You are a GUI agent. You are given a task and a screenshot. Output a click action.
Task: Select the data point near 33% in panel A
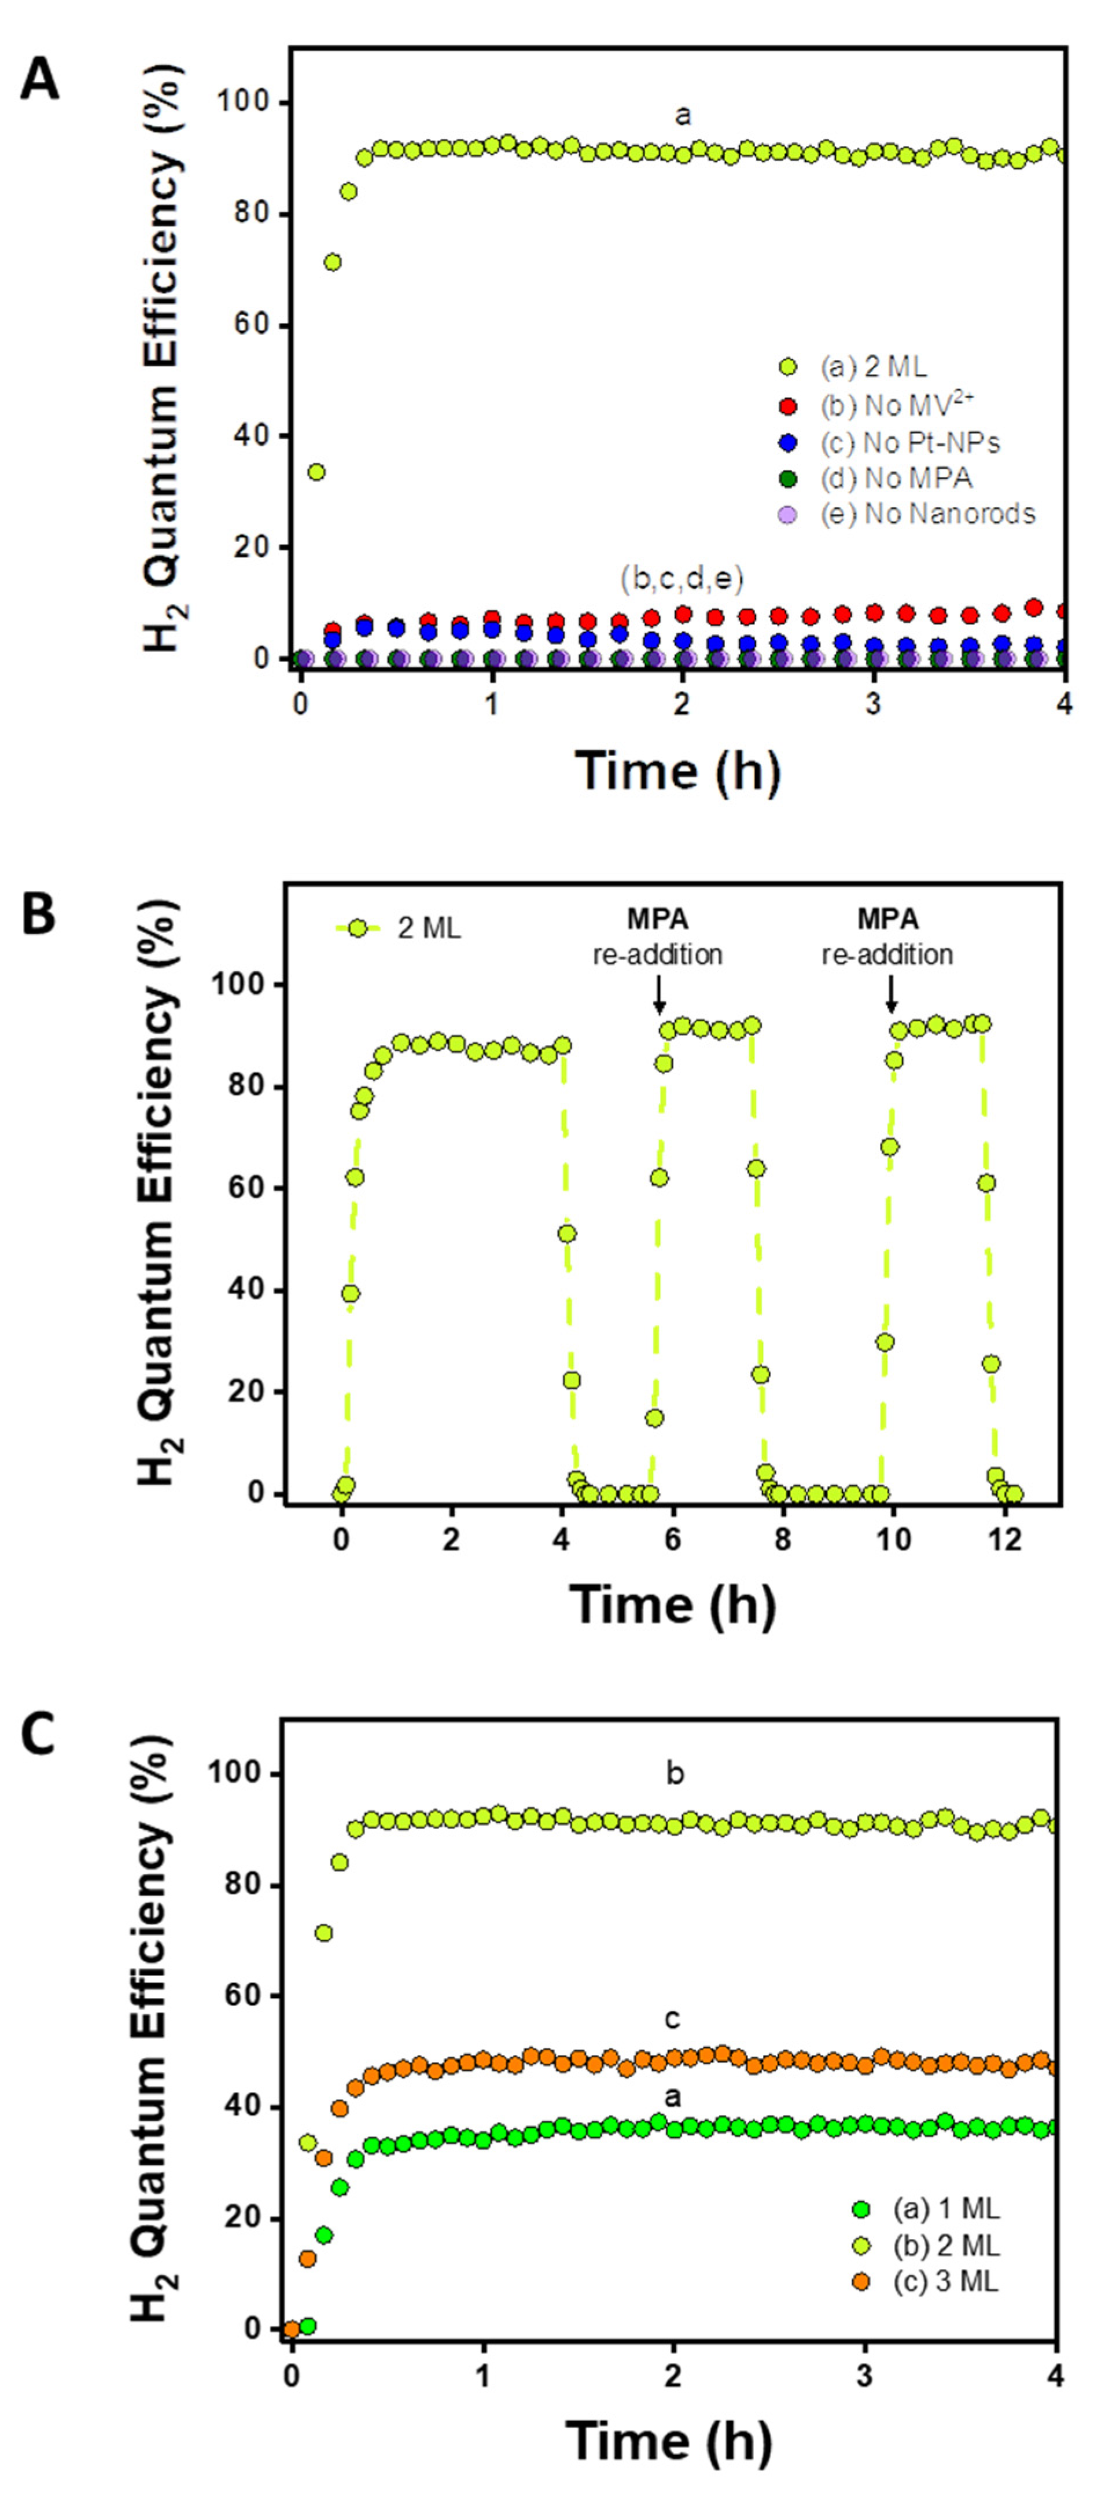tap(316, 472)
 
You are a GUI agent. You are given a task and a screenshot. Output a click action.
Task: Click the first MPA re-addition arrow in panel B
tap(659, 993)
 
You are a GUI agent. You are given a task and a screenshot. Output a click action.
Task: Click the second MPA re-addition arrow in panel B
tap(890, 993)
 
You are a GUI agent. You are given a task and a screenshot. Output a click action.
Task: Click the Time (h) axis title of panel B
tap(672, 1605)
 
